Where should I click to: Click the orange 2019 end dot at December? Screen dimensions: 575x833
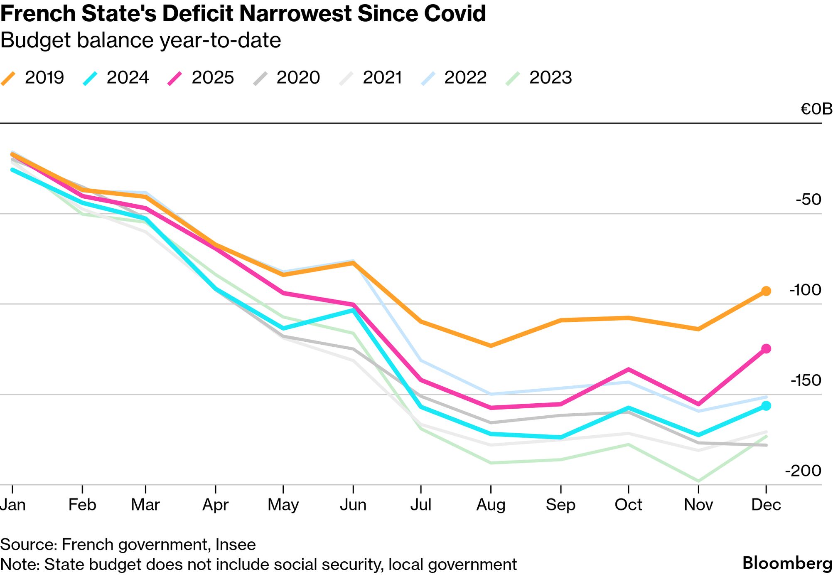point(766,291)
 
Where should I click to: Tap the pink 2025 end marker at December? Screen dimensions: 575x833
point(766,348)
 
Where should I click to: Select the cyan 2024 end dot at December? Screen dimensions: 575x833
point(766,405)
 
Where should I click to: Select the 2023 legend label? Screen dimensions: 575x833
point(550,77)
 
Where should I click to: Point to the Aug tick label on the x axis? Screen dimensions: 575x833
point(491,505)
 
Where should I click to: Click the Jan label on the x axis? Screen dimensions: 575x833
point(13,505)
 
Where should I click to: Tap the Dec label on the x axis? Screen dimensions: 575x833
point(766,505)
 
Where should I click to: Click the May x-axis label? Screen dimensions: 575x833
point(283,505)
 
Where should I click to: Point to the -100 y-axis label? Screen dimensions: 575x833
point(805,290)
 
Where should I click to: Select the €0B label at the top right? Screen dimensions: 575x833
point(816,109)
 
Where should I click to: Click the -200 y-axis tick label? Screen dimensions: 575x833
point(803,471)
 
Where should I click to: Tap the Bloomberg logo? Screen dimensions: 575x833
point(787,563)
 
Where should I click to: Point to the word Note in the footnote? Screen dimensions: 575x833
point(19,564)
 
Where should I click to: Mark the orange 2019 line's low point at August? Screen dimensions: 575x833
point(491,345)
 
